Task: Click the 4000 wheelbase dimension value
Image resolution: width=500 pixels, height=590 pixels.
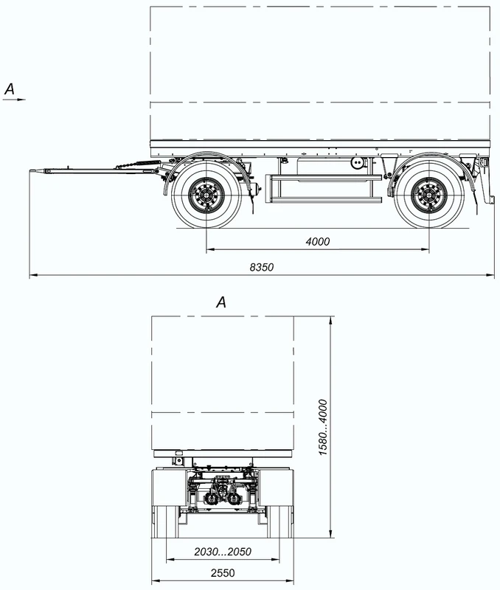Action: pos(318,242)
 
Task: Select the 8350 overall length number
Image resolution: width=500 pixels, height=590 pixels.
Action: pos(262,267)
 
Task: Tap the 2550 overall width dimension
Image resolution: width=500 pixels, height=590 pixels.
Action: pos(222,573)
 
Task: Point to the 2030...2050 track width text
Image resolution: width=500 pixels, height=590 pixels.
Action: pos(222,551)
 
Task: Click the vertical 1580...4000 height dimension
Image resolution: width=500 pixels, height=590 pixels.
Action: pos(323,427)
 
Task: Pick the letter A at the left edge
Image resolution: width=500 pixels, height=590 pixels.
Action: pos(10,88)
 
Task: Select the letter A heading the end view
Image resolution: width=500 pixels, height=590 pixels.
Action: pos(221,302)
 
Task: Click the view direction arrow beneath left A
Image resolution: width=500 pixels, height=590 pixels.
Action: pos(14,98)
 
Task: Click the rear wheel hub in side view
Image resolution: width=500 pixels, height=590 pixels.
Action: pos(428,196)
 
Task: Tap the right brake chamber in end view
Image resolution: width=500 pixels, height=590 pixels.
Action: pos(234,499)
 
